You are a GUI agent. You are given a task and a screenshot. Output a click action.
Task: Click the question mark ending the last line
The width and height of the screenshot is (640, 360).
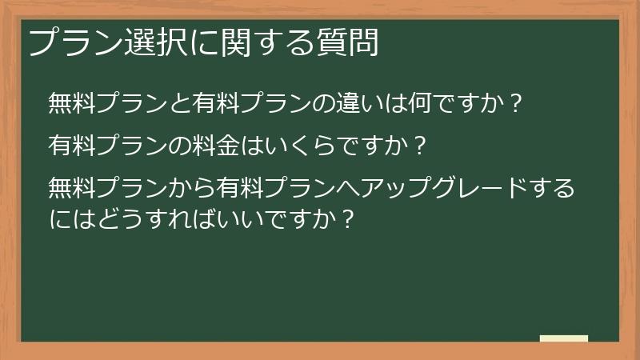pyautogui.click(x=347, y=217)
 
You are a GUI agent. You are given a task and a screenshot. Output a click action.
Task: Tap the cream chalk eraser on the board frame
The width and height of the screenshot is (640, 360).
pyautogui.click(x=563, y=338)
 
